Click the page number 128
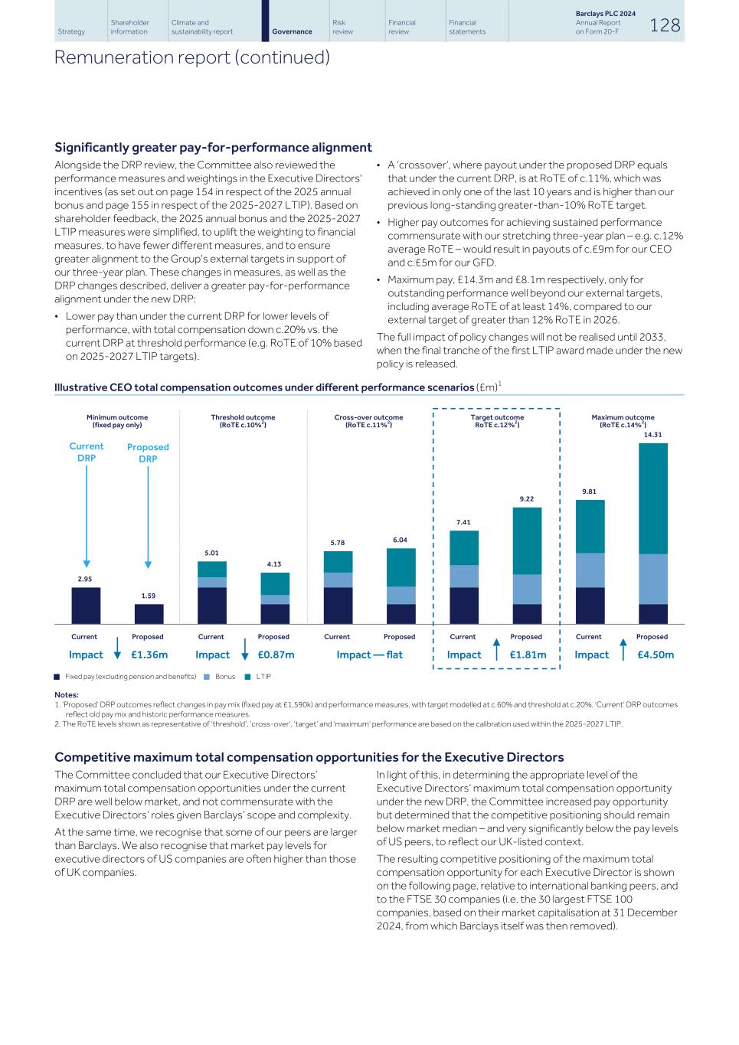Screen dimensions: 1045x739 coord(664,25)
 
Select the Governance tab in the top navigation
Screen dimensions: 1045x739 coord(292,31)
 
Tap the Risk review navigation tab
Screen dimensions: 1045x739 coord(342,27)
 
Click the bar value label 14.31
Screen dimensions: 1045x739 coord(652,435)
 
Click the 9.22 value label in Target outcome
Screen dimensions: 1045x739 coord(526,499)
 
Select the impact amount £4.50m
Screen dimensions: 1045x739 coord(655,655)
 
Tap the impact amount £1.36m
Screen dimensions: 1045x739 coord(149,655)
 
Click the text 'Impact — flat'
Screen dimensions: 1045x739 coord(369,655)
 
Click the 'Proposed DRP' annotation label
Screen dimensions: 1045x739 coord(148,452)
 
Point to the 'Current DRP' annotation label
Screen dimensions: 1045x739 coord(87,452)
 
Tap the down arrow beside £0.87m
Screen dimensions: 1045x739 coord(244,649)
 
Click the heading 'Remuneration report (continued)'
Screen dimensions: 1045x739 coord(191,57)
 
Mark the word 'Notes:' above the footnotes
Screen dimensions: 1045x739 coord(67,695)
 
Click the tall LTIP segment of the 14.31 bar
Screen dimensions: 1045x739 coord(652,498)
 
